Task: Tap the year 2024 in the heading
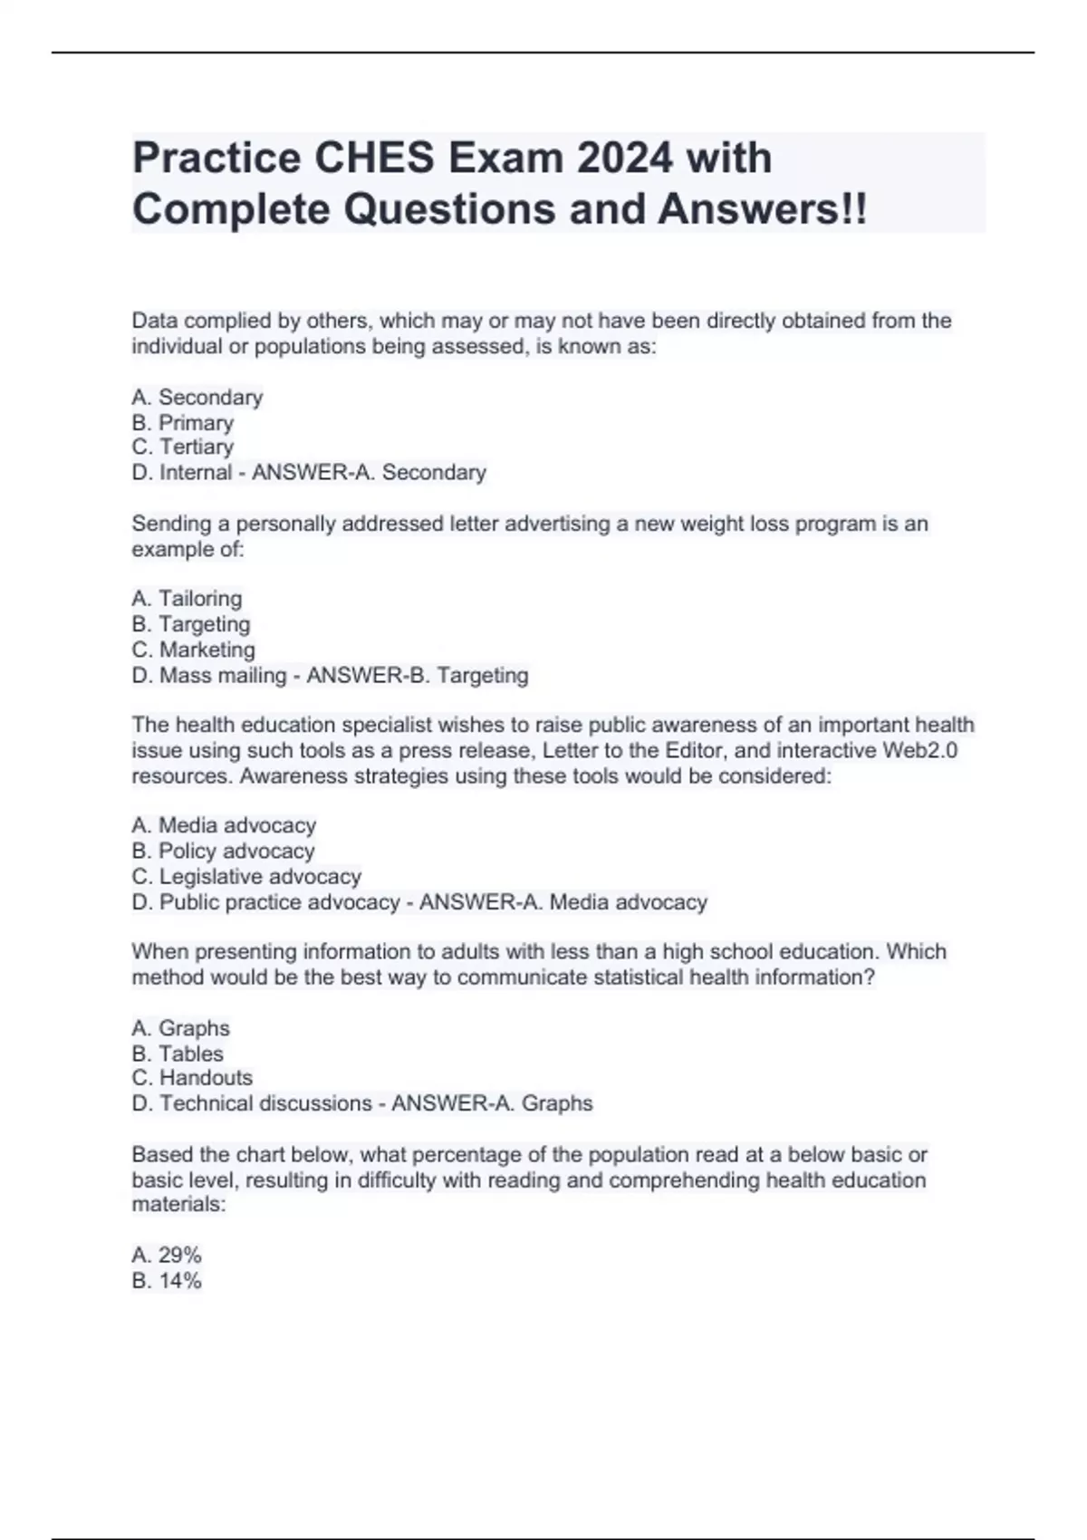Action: click(x=624, y=159)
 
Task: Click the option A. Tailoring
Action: click(x=187, y=599)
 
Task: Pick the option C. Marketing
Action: click(x=193, y=650)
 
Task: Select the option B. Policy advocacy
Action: click(x=223, y=851)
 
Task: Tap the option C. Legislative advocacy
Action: click(x=246, y=876)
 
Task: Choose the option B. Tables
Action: click(x=178, y=1054)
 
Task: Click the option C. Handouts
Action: click(x=192, y=1078)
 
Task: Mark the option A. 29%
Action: click(x=167, y=1255)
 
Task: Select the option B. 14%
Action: click(x=167, y=1280)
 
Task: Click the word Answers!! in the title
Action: click(x=762, y=209)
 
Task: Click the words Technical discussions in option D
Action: click(x=265, y=1103)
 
